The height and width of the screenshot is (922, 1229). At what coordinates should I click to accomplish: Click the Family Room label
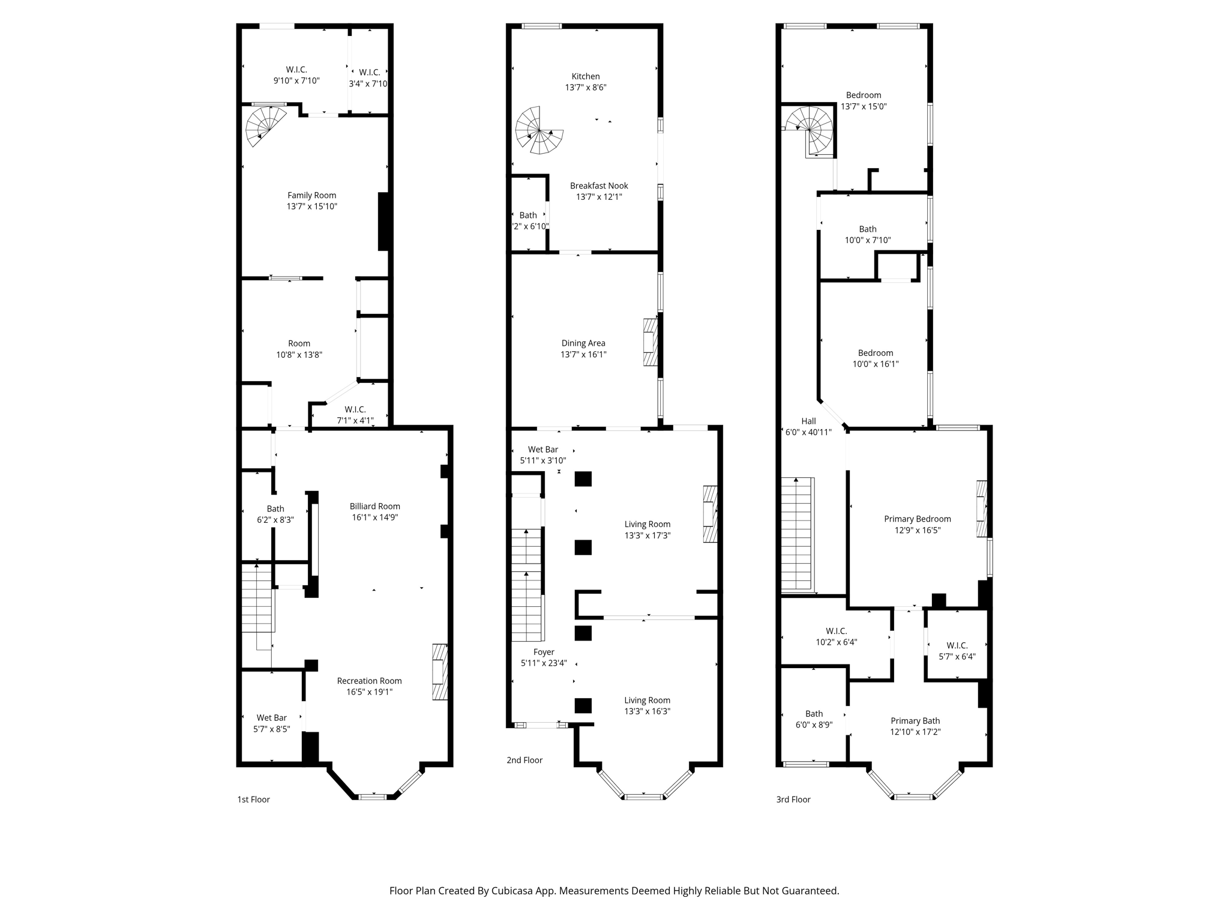pyautogui.click(x=311, y=195)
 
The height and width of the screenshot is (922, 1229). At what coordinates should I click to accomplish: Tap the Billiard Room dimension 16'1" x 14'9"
pyautogui.click(x=374, y=517)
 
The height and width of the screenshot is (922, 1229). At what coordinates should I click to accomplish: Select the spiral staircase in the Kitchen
pyautogui.click(x=539, y=130)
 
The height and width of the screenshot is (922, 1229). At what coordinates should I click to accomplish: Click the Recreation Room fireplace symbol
pyautogui.click(x=440, y=672)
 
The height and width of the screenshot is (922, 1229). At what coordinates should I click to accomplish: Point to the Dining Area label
pyautogui.click(x=583, y=343)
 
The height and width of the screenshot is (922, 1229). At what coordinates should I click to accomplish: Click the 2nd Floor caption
pyautogui.click(x=524, y=760)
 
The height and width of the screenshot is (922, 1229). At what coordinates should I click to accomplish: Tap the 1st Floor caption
pyautogui.click(x=253, y=800)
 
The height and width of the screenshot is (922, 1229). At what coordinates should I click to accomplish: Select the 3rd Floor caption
pyautogui.click(x=793, y=800)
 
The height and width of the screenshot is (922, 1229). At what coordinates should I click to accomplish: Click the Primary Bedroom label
pyautogui.click(x=917, y=519)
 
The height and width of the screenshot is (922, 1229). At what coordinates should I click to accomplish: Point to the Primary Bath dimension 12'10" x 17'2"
pyautogui.click(x=915, y=732)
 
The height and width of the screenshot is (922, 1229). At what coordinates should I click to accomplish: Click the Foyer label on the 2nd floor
pyautogui.click(x=544, y=652)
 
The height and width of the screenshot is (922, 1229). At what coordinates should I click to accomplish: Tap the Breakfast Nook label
pyautogui.click(x=599, y=186)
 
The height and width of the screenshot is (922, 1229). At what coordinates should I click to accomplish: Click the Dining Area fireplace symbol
pyautogui.click(x=650, y=342)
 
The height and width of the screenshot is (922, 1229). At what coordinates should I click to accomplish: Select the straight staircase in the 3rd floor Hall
pyautogui.click(x=796, y=534)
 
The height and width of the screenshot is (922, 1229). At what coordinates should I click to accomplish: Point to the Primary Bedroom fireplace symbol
pyautogui.click(x=982, y=508)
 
